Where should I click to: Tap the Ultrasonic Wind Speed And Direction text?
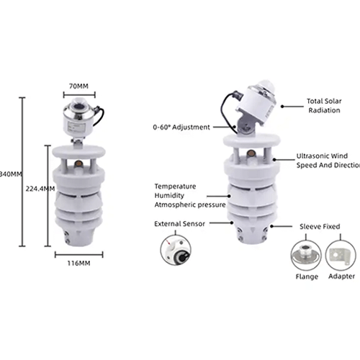click(328, 160)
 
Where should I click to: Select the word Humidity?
click(170, 194)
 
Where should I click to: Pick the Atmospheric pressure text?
click(190, 204)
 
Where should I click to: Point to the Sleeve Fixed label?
click(320, 225)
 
